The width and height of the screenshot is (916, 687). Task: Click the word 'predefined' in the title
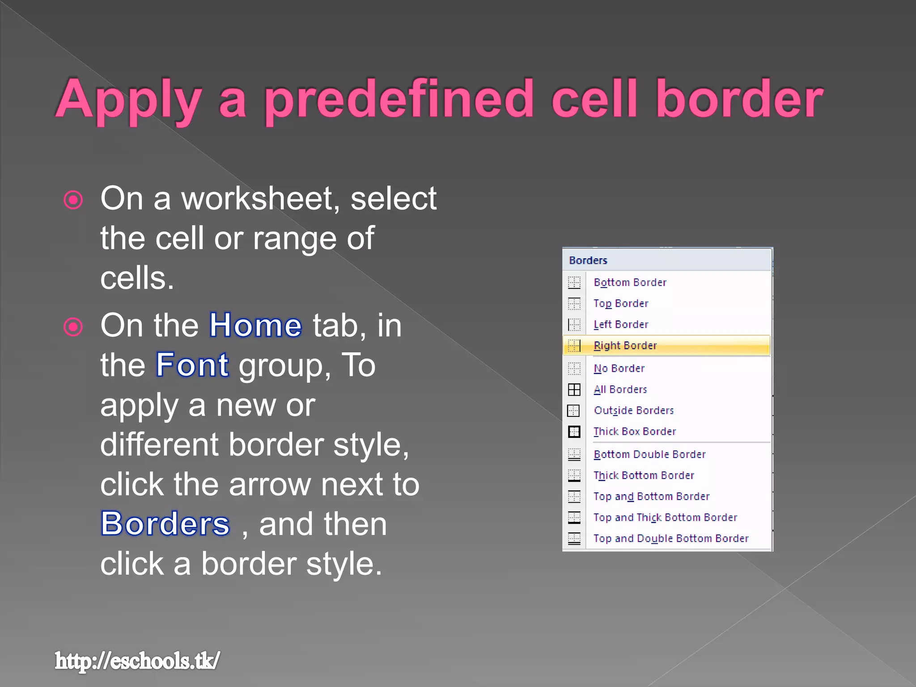[399, 99]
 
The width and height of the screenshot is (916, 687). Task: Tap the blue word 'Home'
[255, 325]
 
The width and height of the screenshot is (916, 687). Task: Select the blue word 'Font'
[192, 365]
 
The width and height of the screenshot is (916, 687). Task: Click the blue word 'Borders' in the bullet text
[165, 524]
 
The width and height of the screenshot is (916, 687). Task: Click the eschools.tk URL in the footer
[137, 661]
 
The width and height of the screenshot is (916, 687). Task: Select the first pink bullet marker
[73, 200]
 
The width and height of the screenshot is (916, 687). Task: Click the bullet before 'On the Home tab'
[73, 327]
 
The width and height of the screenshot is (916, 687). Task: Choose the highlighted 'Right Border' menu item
[625, 345]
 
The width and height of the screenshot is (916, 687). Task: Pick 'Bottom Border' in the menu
[630, 282]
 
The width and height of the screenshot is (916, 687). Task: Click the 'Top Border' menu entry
[620, 303]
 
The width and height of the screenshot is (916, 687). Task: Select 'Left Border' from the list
[620, 324]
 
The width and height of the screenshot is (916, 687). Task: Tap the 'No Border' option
[619, 369]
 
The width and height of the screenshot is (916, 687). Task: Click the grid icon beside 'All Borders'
[574, 390]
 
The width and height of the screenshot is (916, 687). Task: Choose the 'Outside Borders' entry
[633, 411]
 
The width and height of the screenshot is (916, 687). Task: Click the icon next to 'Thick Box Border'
[574, 432]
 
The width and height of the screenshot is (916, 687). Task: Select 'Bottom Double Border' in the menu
[649, 454]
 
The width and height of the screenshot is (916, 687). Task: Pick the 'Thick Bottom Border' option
[643, 475]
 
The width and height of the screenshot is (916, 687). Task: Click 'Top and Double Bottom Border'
[670, 539]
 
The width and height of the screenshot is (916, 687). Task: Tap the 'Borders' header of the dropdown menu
[588, 260]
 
